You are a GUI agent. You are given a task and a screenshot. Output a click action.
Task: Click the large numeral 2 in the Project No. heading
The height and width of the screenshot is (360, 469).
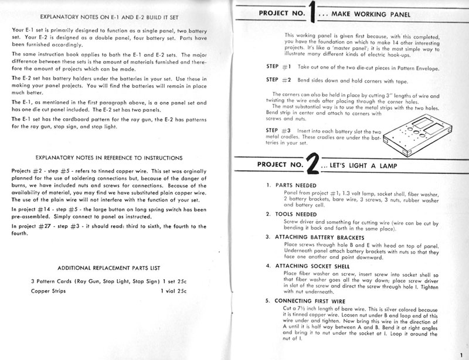313,167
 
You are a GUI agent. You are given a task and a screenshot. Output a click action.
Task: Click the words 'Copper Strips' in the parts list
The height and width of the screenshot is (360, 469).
48,290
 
